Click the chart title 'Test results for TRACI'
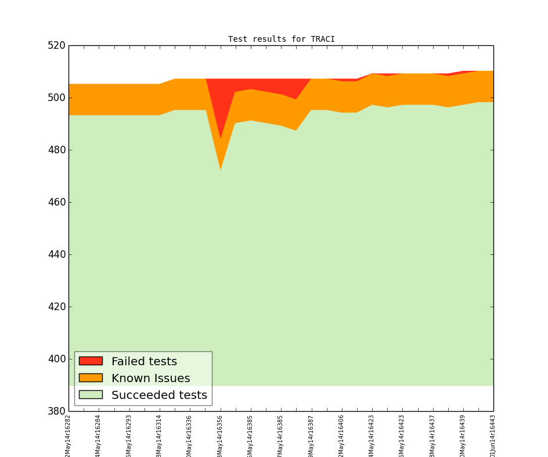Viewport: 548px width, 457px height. (x=281, y=39)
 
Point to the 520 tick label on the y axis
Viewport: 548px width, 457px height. (x=56, y=46)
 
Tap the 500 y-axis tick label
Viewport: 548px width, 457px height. (x=56, y=98)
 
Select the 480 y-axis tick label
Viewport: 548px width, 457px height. (x=56, y=150)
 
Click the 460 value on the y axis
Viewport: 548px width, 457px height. (x=56, y=203)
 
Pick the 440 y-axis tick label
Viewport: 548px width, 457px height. (x=56, y=255)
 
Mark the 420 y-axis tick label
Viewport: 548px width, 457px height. (x=56, y=307)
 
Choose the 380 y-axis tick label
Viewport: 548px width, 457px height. (x=56, y=412)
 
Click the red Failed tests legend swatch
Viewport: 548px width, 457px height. (x=91, y=361)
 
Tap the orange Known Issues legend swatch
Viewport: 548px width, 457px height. (x=91, y=378)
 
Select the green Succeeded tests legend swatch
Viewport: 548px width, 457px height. (x=91, y=395)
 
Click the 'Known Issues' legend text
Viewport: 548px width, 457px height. (x=150, y=379)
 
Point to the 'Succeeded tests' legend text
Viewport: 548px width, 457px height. (x=159, y=395)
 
